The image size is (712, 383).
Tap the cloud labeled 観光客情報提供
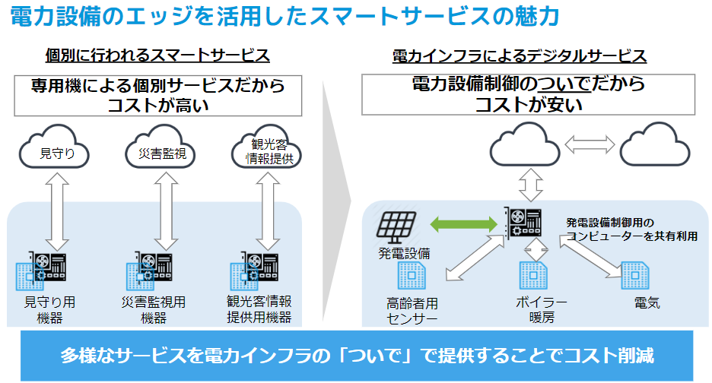click(265, 150)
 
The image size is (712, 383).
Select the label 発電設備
click(404, 253)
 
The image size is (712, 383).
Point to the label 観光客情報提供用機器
click(260, 310)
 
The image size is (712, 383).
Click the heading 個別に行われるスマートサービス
click(157, 55)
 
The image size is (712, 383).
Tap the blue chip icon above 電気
click(635, 274)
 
